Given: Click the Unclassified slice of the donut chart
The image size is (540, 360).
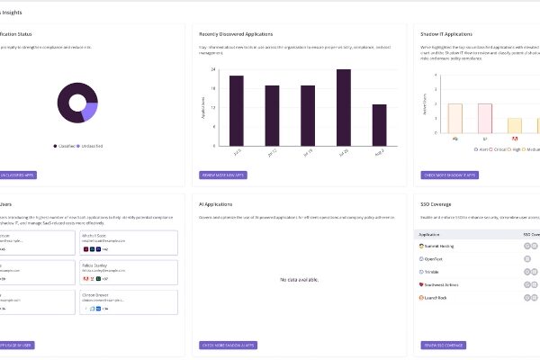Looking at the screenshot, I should click(x=89, y=112).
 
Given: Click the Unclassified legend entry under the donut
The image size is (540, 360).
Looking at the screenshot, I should click(x=90, y=145).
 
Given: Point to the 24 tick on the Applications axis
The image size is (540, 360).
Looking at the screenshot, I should click(x=212, y=69).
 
